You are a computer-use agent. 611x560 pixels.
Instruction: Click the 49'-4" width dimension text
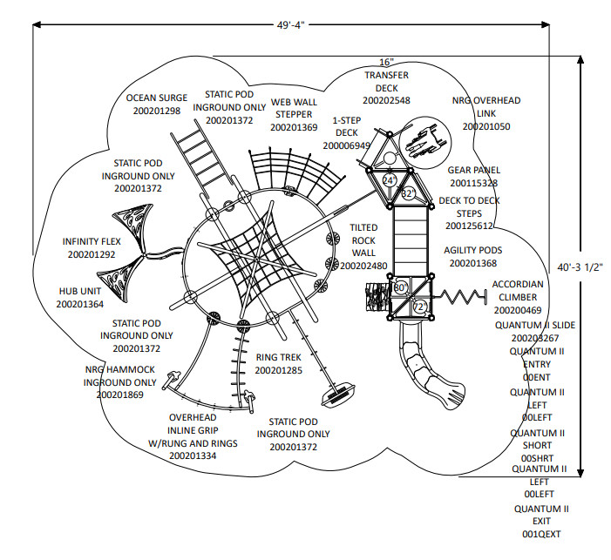[290, 25]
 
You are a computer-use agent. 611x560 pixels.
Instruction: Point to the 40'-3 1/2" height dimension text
[580, 267]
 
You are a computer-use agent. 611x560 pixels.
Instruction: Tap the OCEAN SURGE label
[157, 98]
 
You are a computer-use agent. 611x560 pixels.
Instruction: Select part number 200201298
[157, 111]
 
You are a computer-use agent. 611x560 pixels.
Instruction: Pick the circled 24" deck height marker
[390, 180]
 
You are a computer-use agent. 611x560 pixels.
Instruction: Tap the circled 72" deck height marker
[420, 307]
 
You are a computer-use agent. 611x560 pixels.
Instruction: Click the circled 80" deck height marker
[400, 287]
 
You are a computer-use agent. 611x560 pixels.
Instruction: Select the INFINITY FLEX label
[92, 241]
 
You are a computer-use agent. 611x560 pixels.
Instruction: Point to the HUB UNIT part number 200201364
[80, 304]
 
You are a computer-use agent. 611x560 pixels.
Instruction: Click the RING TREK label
[278, 357]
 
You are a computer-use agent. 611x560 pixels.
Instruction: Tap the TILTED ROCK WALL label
[363, 240]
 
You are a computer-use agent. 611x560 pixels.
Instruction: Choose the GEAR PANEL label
[474, 170]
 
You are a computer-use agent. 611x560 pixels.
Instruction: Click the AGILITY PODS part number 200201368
[473, 263]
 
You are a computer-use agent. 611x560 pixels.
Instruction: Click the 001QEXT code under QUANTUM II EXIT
[541, 534]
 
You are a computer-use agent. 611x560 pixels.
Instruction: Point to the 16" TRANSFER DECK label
[386, 75]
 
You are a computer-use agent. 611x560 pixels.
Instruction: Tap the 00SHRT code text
[537, 458]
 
